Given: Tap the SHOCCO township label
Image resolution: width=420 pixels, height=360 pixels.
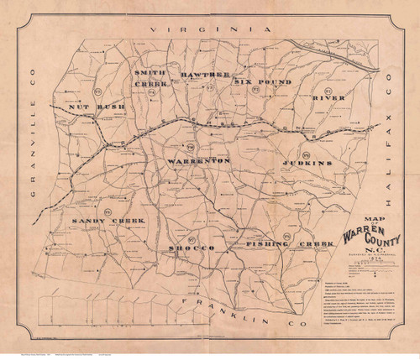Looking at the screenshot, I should [x=194, y=250].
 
